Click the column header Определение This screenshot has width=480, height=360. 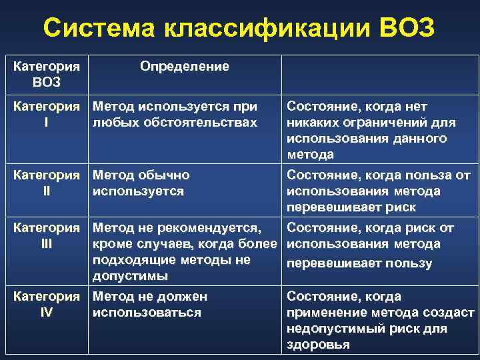(185, 67)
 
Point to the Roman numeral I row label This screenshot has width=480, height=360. (45, 123)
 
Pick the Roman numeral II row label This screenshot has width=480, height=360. (45, 191)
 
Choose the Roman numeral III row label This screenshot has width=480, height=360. (45, 244)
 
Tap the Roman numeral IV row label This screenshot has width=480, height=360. (45, 313)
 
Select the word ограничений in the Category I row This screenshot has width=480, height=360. (385, 123)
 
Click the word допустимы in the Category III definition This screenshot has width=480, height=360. (130, 276)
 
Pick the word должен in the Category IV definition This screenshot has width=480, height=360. (183, 297)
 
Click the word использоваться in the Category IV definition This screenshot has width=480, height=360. (147, 313)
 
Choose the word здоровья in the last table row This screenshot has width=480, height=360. (319, 345)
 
